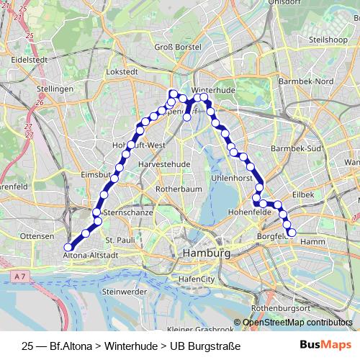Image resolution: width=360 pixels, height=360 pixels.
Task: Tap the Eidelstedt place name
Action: point(30,59)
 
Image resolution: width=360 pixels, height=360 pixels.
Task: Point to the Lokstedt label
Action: point(121,72)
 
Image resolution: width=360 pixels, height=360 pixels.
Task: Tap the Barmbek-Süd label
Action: point(294,148)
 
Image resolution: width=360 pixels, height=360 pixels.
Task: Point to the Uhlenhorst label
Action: point(230,177)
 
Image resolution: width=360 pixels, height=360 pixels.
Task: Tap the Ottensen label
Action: point(37,235)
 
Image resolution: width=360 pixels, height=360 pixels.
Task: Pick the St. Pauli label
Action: point(120,239)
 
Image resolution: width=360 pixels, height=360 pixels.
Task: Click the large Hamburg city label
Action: point(207,253)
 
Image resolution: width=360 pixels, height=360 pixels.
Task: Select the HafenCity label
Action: point(197,278)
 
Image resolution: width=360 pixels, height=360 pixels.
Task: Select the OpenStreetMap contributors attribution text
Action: point(298,322)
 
